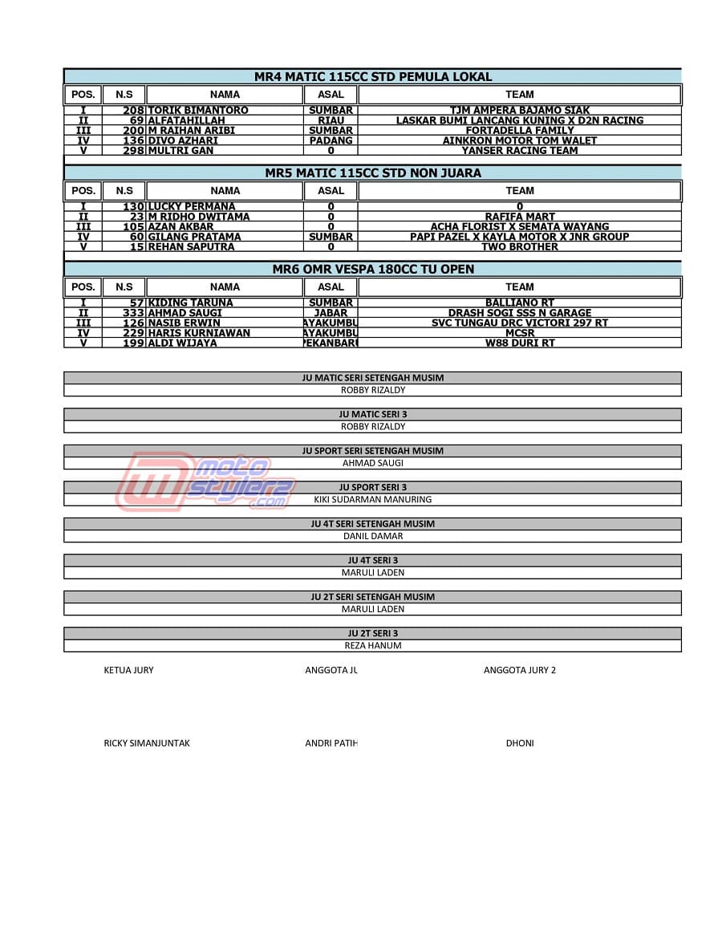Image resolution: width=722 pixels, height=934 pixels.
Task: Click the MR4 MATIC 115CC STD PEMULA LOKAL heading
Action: pyautogui.click(x=373, y=77)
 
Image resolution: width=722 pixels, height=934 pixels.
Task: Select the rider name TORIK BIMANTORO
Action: pyautogui.click(x=198, y=110)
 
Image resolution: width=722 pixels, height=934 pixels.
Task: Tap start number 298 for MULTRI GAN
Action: pyautogui.click(x=133, y=150)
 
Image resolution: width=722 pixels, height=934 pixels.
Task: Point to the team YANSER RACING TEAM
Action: pyautogui.click(x=519, y=150)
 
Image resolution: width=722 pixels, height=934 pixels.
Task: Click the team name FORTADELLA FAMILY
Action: pyautogui.click(x=519, y=130)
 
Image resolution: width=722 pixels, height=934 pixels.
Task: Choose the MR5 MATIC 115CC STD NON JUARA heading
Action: pyautogui.click(x=373, y=173)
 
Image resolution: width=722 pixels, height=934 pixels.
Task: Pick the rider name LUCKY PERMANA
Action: pyautogui.click(x=192, y=206)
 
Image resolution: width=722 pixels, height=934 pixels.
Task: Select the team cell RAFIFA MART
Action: pyautogui.click(x=519, y=217)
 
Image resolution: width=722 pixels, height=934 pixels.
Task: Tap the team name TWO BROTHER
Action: pyautogui.click(x=519, y=246)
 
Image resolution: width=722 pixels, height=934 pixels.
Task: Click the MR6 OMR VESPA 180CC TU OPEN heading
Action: pyautogui.click(x=373, y=269)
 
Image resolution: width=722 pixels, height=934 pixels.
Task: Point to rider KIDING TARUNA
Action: pyautogui.click(x=191, y=303)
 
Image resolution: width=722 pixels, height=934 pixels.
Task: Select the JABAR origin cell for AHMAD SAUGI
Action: pyautogui.click(x=331, y=313)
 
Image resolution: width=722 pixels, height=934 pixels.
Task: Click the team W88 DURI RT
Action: pyautogui.click(x=519, y=343)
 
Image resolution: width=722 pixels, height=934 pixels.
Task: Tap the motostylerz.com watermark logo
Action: pyautogui.click(x=205, y=481)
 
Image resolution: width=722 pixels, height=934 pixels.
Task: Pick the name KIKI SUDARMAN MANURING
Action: pyautogui.click(x=372, y=499)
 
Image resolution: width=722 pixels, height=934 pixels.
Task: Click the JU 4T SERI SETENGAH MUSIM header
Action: pyautogui.click(x=372, y=524)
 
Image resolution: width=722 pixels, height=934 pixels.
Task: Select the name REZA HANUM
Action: pyautogui.click(x=372, y=645)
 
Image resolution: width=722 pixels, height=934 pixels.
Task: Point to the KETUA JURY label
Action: pyautogui.click(x=128, y=670)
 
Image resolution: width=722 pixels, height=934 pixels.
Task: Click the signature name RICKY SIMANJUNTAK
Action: pyautogui.click(x=147, y=743)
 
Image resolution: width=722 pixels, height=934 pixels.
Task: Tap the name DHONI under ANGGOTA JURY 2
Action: pyautogui.click(x=519, y=743)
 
